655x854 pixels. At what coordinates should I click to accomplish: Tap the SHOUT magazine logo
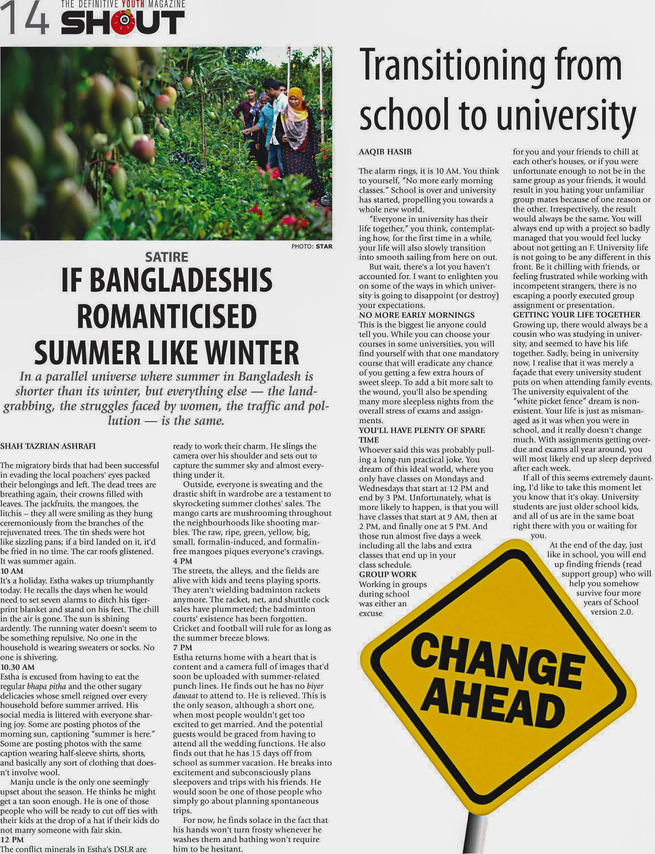click(x=122, y=22)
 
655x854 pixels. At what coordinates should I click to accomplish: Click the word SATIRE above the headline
click(x=167, y=257)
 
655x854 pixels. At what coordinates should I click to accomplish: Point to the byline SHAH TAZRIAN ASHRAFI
click(x=48, y=446)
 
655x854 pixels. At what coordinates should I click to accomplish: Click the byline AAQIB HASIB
click(x=385, y=152)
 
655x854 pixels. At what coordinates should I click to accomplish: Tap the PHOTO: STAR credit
click(x=312, y=246)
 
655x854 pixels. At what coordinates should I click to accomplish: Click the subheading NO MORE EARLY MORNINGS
click(x=416, y=315)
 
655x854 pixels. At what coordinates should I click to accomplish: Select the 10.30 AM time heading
click(x=17, y=667)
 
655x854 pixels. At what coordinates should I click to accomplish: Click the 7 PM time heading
click(x=182, y=647)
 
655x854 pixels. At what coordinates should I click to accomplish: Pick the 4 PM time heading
click(x=182, y=561)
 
